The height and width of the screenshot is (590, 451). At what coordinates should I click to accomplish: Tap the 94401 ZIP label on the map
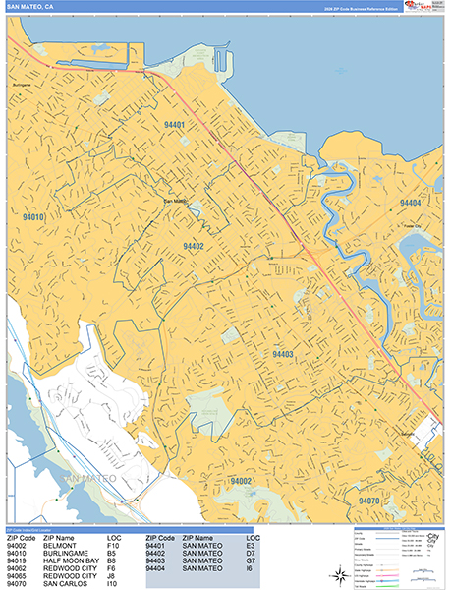tap(174, 125)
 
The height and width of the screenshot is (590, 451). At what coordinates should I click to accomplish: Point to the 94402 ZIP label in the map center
tap(193, 246)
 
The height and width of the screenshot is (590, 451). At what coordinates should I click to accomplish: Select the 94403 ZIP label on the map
tap(283, 354)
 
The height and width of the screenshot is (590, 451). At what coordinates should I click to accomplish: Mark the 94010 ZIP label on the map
tap(33, 215)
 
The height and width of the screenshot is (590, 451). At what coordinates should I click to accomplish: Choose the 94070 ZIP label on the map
tap(369, 501)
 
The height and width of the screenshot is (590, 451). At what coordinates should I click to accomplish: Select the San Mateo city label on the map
tap(174, 202)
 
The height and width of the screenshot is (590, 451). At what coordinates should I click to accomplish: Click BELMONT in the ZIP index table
tap(63, 546)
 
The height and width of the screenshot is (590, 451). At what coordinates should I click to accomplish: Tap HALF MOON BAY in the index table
tap(72, 560)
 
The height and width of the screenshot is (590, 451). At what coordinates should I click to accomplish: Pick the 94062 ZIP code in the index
tap(21, 568)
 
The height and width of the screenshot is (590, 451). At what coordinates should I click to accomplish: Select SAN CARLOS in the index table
tap(68, 583)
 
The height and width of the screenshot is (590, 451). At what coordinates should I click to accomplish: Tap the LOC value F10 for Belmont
tap(113, 546)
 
